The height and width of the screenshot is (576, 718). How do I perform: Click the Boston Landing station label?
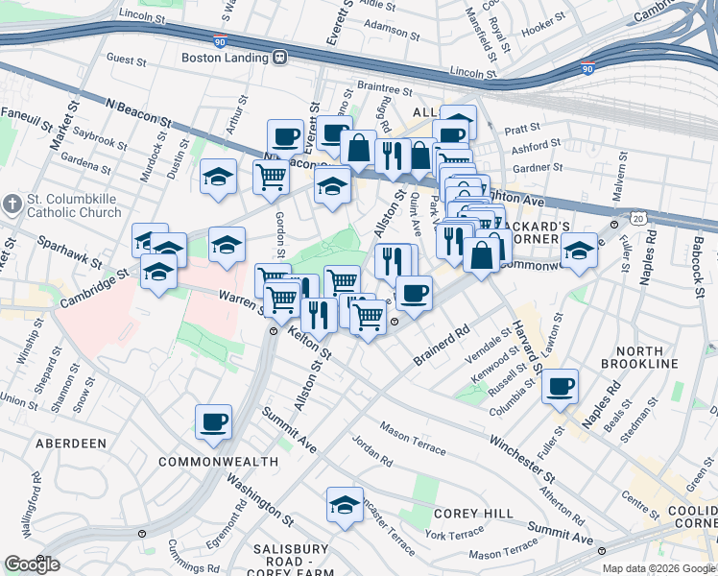[x=225, y=58]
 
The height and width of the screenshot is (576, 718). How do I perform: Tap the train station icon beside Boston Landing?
[x=280, y=58]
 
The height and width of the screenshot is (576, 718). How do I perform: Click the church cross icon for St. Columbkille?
[x=11, y=204]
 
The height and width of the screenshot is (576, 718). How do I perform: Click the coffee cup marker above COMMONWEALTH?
[x=213, y=420]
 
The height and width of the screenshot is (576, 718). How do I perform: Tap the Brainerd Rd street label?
[x=442, y=343]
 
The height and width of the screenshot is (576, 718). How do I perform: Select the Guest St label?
[x=126, y=59]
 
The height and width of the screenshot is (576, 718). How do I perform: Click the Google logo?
[x=33, y=564]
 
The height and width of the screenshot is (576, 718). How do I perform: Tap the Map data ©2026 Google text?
[x=658, y=568]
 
